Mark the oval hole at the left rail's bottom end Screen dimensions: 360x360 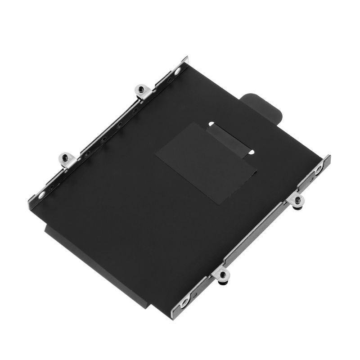(x=41, y=194)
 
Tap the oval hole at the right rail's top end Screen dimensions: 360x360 (x=318, y=170)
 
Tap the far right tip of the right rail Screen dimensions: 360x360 (x=330, y=157)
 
